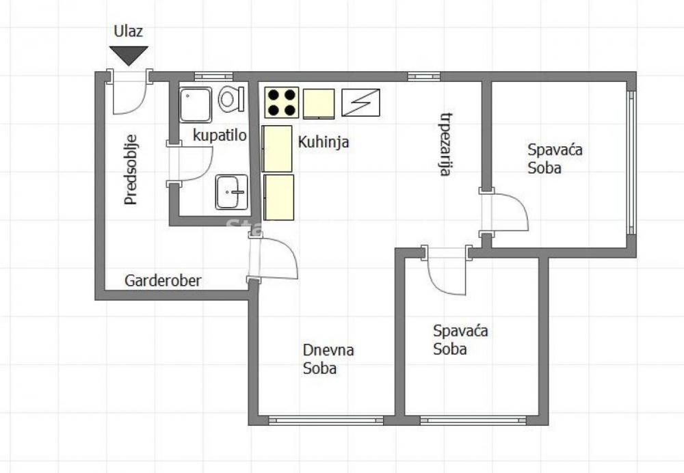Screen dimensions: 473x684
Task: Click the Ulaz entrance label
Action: tap(129, 31)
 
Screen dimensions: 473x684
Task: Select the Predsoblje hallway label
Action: tap(131, 169)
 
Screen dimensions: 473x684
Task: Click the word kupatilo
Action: tap(220, 135)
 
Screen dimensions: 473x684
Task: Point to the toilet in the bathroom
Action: tap(231, 100)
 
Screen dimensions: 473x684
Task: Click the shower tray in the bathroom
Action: tap(196, 105)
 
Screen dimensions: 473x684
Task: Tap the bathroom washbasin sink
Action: tap(231, 191)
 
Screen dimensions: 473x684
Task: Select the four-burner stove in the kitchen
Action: tap(282, 103)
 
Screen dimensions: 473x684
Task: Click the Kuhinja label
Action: tap(324, 142)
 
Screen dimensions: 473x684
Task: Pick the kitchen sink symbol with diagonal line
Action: tap(360, 103)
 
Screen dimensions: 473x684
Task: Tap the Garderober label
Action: tap(163, 280)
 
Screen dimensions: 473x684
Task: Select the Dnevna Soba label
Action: tap(328, 360)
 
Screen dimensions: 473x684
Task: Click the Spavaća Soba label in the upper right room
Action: tap(555, 159)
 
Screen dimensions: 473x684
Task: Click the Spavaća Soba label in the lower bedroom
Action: tap(460, 340)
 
